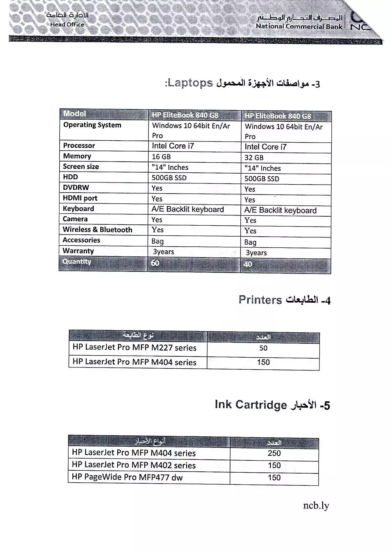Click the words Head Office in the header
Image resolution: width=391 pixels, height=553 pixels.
pyautogui.click(x=67, y=24)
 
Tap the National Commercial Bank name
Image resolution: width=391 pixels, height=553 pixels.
pyautogui.click(x=299, y=26)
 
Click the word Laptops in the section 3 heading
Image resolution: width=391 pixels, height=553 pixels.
pyautogui.click(x=190, y=83)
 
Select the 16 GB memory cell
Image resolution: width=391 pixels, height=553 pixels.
pyautogui.click(x=161, y=157)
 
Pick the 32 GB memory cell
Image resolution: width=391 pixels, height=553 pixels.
pyautogui.click(x=254, y=158)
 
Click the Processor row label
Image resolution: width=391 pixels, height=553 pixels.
pyautogui.click(x=79, y=146)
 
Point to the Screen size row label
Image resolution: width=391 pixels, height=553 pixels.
pyautogui.click(x=81, y=167)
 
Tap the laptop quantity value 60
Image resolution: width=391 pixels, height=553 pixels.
pyautogui.click(x=155, y=263)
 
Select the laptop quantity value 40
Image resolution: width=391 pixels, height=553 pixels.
pyautogui.click(x=248, y=264)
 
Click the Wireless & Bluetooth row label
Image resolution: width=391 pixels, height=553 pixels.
pyautogui.click(x=97, y=230)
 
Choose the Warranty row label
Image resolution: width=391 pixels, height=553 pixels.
pyautogui.click(x=78, y=251)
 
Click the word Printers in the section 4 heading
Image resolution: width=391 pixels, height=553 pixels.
pyautogui.click(x=260, y=300)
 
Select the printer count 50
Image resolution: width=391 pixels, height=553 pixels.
pyautogui.click(x=263, y=348)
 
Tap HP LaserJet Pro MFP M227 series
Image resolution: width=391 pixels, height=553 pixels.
pyautogui.click(x=134, y=348)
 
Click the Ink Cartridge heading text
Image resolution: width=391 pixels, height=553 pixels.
pyautogui.click(x=251, y=405)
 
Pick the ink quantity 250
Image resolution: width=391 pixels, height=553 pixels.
pyautogui.click(x=274, y=453)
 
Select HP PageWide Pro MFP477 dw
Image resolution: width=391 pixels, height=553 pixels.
pyautogui.click(x=127, y=477)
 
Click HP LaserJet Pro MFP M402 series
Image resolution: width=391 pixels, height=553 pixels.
pyautogui.click(x=133, y=465)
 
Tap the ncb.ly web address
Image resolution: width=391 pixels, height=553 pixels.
pyautogui.click(x=316, y=506)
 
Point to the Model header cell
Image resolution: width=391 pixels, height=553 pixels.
pyautogui.click(x=75, y=114)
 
